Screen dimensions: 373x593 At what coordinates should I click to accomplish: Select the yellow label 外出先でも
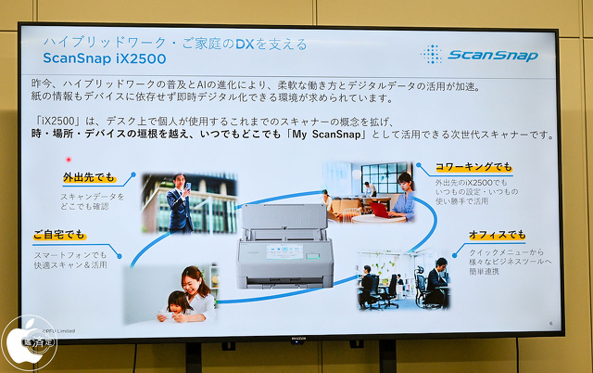(x=91, y=175)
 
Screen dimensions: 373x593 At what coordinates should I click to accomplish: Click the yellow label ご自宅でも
(x=59, y=236)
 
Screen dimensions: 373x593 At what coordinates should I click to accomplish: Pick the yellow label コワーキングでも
(x=473, y=167)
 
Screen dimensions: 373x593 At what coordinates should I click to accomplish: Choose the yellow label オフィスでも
(x=497, y=235)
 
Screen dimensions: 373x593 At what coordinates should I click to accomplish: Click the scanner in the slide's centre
(x=284, y=245)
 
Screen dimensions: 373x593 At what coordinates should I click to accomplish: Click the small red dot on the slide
(x=68, y=159)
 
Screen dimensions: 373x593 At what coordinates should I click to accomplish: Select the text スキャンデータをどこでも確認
(x=92, y=201)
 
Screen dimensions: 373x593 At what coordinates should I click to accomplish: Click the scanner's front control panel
(x=284, y=252)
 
